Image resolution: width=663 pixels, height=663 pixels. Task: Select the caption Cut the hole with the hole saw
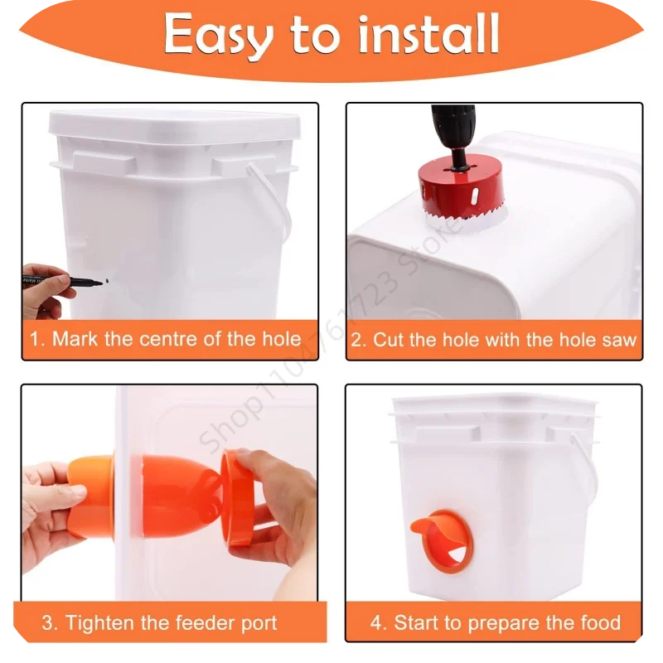click(495, 339)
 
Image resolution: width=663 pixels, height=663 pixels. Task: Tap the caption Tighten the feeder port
click(159, 622)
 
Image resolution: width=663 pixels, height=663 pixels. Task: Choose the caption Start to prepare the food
click(495, 622)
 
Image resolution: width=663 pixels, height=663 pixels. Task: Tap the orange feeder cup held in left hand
click(90, 495)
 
